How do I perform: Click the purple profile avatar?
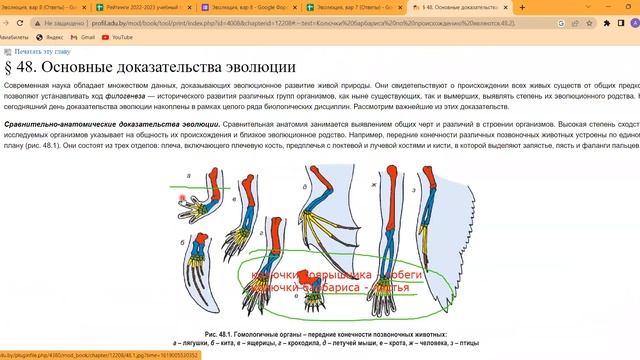pyautogui.click(x=616, y=22)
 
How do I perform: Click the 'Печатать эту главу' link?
pyautogui.click(x=41, y=50)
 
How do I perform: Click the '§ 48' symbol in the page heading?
pyautogui.click(x=24, y=68)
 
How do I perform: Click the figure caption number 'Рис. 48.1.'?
pyautogui.click(x=222, y=333)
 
